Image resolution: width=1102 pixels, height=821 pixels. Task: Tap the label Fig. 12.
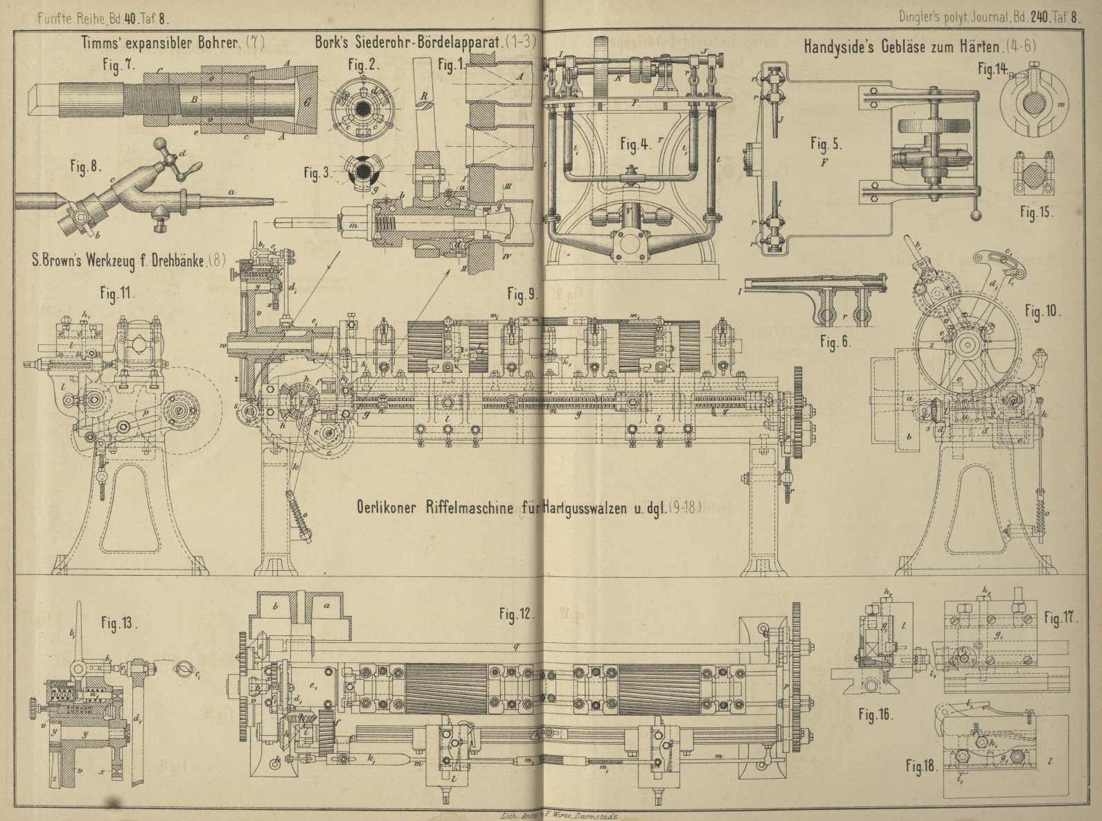click(x=515, y=614)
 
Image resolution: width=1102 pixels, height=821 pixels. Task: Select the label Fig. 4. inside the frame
click(x=635, y=145)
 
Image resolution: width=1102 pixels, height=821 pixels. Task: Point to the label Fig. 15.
click(x=1036, y=212)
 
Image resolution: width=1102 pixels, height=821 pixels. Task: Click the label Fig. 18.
click(x=921, y=766)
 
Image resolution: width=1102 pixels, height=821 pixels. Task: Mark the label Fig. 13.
click(x=118, y=622)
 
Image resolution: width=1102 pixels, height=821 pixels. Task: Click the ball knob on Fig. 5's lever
click(x=976, y=215)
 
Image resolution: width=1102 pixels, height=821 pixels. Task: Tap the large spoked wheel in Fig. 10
click(x=967, y=344)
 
